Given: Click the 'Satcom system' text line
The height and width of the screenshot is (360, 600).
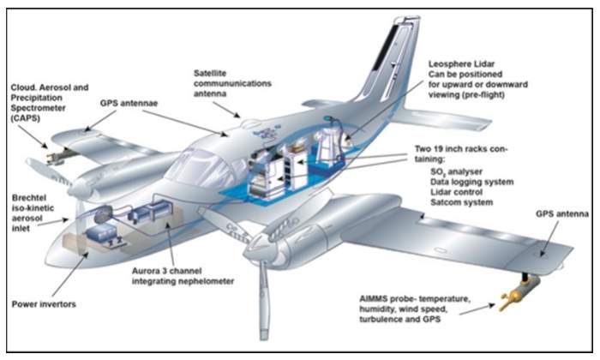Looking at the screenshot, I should click(x=463, y=202).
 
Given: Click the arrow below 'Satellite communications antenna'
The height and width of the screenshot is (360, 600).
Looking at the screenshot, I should click(x=231, y=109).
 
